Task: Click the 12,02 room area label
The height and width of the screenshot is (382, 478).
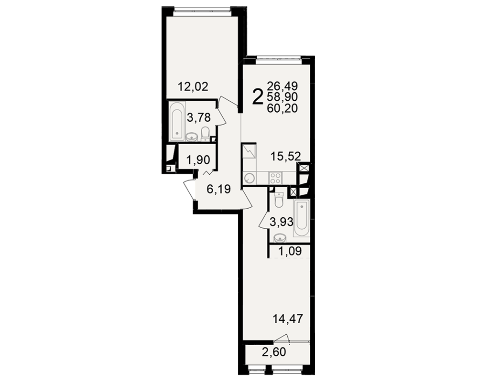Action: [193, 87]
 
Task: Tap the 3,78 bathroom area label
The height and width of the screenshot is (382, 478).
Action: [199, 117]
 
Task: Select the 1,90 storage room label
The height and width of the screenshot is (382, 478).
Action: [198, 159]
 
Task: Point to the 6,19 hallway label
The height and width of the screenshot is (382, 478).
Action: [218, 190]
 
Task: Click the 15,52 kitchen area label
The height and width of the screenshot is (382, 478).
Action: [286, 157]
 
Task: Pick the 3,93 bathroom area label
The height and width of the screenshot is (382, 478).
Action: [282, 222]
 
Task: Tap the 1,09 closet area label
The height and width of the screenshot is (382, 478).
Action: [290, 251]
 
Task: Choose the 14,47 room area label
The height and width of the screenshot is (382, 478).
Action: [288, 319]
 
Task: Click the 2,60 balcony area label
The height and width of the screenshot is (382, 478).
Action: [274, 352]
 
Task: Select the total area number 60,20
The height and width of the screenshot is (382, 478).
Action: [282, 108]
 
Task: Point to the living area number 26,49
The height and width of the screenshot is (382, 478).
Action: [282, 86]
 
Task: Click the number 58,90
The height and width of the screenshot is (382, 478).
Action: [282, 97]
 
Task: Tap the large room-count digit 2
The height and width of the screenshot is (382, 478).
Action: [258, 96]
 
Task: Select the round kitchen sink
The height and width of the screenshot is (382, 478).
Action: [250, 178]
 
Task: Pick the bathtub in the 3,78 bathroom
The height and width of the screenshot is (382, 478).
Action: [177, 122]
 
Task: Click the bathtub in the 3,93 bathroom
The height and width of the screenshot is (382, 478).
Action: [302, 218]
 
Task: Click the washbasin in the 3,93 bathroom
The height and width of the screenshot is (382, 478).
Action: [280, 238]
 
